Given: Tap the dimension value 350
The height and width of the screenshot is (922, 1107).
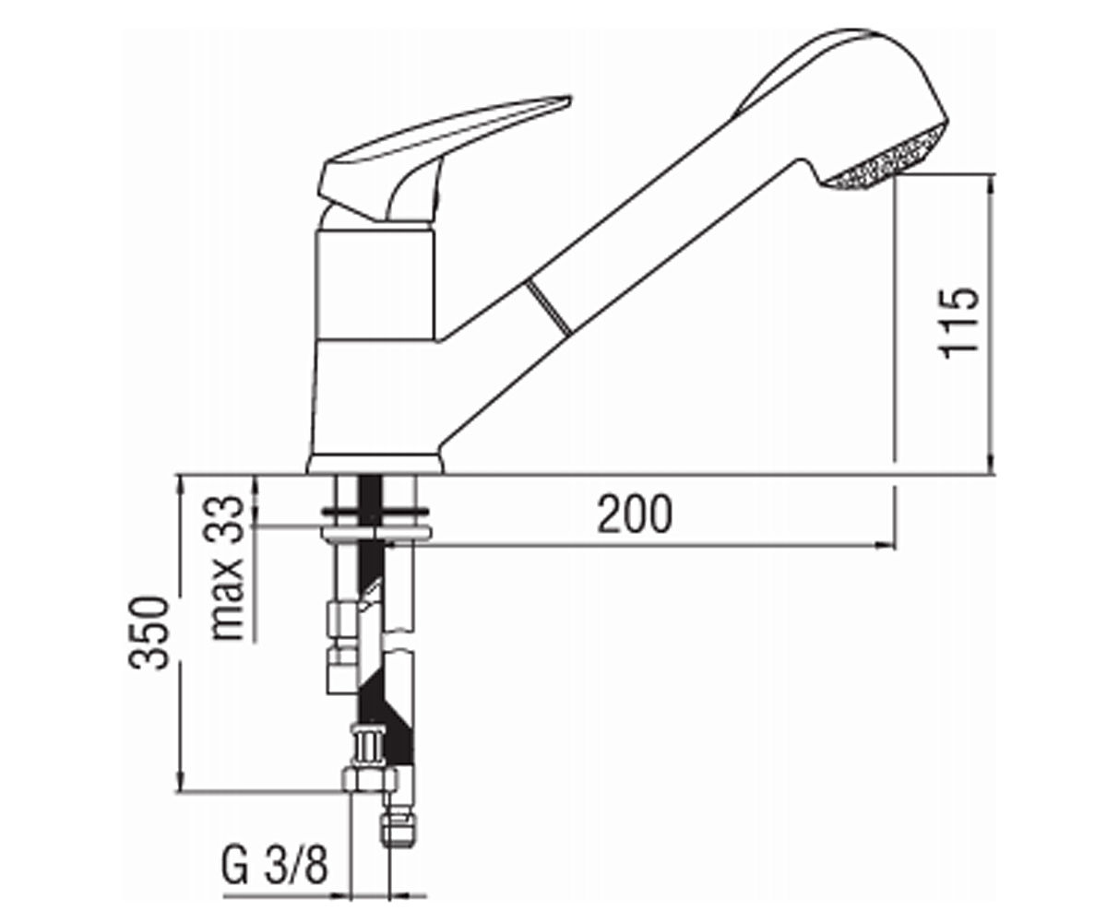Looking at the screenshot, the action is [x=149, y=633].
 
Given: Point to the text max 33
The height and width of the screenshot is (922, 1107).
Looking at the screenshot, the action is [x=228, y=568].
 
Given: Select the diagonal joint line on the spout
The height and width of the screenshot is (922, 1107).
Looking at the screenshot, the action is [x=549, y=308].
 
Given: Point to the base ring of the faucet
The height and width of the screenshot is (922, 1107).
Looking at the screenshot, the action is [x=375, y=464].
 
